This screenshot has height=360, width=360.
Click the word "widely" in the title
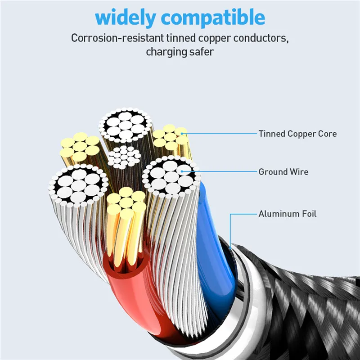[126, 18]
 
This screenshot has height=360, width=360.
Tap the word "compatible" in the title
[213, 18]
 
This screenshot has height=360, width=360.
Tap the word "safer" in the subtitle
[199, 52]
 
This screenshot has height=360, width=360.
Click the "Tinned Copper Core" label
[297, 134]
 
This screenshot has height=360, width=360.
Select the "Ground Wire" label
[283, 172]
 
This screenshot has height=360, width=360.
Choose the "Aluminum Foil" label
[288, 214]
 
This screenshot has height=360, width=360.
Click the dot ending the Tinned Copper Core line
[182, 134]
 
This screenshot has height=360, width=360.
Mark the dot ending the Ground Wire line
[182, 171]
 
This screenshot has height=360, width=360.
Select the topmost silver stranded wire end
[126, 125]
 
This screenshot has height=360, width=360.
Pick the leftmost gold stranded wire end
[80, 147]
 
